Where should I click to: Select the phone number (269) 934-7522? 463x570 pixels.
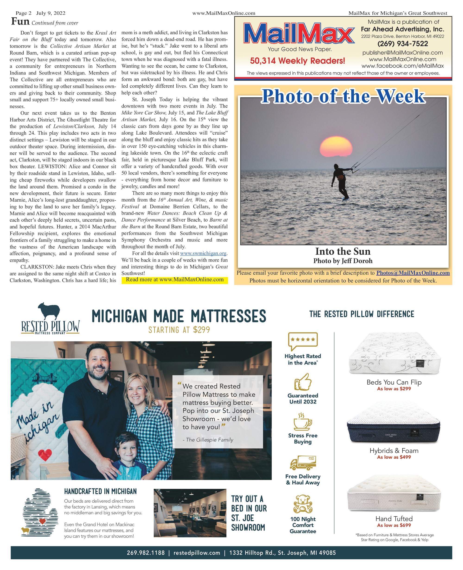click(402, 44)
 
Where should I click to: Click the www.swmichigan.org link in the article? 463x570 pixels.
click(203, 253)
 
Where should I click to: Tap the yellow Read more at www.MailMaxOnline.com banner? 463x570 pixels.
click(175, 280)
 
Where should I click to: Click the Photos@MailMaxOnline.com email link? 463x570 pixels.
click(413, 273)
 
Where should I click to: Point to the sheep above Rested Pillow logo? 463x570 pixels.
click(49, 311)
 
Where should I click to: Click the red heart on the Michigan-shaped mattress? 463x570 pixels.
click(45, 455)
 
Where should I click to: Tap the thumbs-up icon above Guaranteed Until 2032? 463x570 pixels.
click(303, 382)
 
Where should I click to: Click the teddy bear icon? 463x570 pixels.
click(303, 504)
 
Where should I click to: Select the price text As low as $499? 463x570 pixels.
click(394, 457)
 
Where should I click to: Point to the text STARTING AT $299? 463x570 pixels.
click(179, 330)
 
